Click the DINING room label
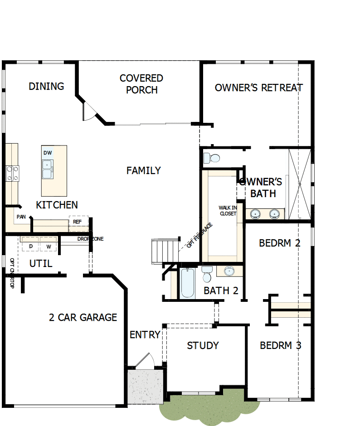coord(46,86)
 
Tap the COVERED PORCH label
coord(141,84)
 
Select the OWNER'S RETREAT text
coord(258,87)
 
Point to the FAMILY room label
coord(143,170)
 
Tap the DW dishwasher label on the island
coord(48,153)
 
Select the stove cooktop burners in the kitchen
coord(12,174)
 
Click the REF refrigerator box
coord(77,222)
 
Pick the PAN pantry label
coord(21,217)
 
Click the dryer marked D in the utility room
coord(30,245)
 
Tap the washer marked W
coord(49,245)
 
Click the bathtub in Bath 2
coord(187,284)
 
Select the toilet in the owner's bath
coord(212,158)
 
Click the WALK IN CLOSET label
coord(228,211)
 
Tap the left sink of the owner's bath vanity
coord(256,213)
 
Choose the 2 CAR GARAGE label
coord(83,317)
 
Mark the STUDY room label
coord(203,345)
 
